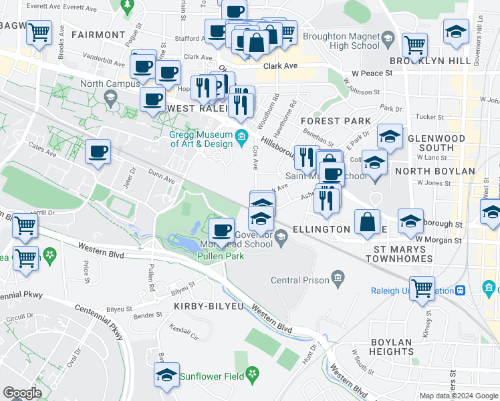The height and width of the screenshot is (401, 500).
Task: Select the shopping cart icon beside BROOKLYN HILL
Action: click(415, 45)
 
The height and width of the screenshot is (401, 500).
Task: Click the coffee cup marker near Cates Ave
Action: click(98, 152)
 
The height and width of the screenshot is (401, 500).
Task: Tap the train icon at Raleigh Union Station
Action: click(461, 291)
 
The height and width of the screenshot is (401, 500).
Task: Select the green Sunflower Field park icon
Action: click(252, 374)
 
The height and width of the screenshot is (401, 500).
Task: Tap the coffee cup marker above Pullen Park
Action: click(221, 231)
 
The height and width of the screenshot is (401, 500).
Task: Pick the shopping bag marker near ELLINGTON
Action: click(368, 223)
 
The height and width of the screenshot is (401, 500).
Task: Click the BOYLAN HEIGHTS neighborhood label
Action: click(390, 346)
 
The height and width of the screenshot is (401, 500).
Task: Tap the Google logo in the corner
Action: click(23, 393)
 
